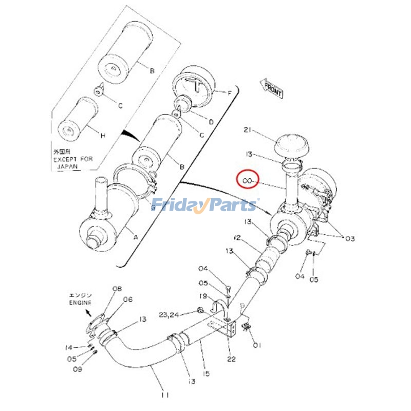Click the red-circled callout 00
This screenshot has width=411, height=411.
(x=247, y=181)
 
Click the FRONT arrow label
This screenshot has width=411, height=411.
(x=272, y=89)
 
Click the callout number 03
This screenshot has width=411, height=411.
(x=350, y=238)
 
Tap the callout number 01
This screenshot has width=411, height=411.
(x=257, y=345)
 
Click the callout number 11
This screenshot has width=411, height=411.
(x=164, y=395)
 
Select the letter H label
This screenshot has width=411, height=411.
(x=103, y=136)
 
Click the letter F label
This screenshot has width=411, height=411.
(x=230, y=92)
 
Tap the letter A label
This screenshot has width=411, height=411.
(x=136, y=237)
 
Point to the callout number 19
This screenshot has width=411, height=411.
(x=203, y=296)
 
